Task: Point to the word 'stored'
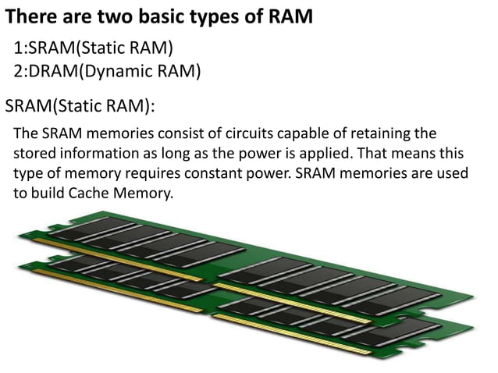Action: [x=34, y=152]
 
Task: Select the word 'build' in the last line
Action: [x=48, y=192]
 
